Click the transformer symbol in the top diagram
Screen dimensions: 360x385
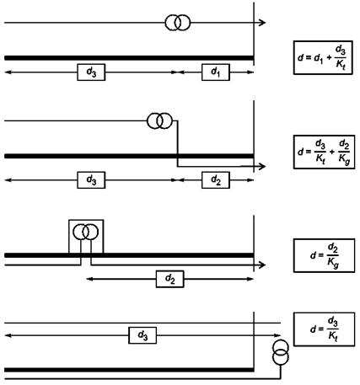point(177,23)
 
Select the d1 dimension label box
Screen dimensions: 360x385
point(216,72)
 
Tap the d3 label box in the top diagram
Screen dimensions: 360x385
point(91,72)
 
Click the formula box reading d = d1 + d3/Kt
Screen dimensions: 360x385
point(323,57)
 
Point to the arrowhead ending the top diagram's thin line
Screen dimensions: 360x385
point(262,23)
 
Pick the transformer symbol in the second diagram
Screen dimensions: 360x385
point(159,121)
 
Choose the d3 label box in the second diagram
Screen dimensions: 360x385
point(91,180)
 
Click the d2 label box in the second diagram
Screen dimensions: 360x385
point(216,180)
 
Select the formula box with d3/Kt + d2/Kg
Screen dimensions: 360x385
point(324,152)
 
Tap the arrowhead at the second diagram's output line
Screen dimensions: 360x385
point(262,166)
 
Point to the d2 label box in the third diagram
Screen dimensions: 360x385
point(169,279)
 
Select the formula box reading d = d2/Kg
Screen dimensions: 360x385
point(324,255)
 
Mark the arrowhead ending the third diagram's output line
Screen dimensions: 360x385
point(262,265)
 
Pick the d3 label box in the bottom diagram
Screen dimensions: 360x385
point(142,335)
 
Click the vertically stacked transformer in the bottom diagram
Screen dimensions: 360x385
point(281,352)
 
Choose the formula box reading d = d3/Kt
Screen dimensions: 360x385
point(324,329)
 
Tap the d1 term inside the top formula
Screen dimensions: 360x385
point(319,58)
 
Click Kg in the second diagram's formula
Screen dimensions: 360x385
point(344,159)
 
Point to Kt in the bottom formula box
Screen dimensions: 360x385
point(333,336)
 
